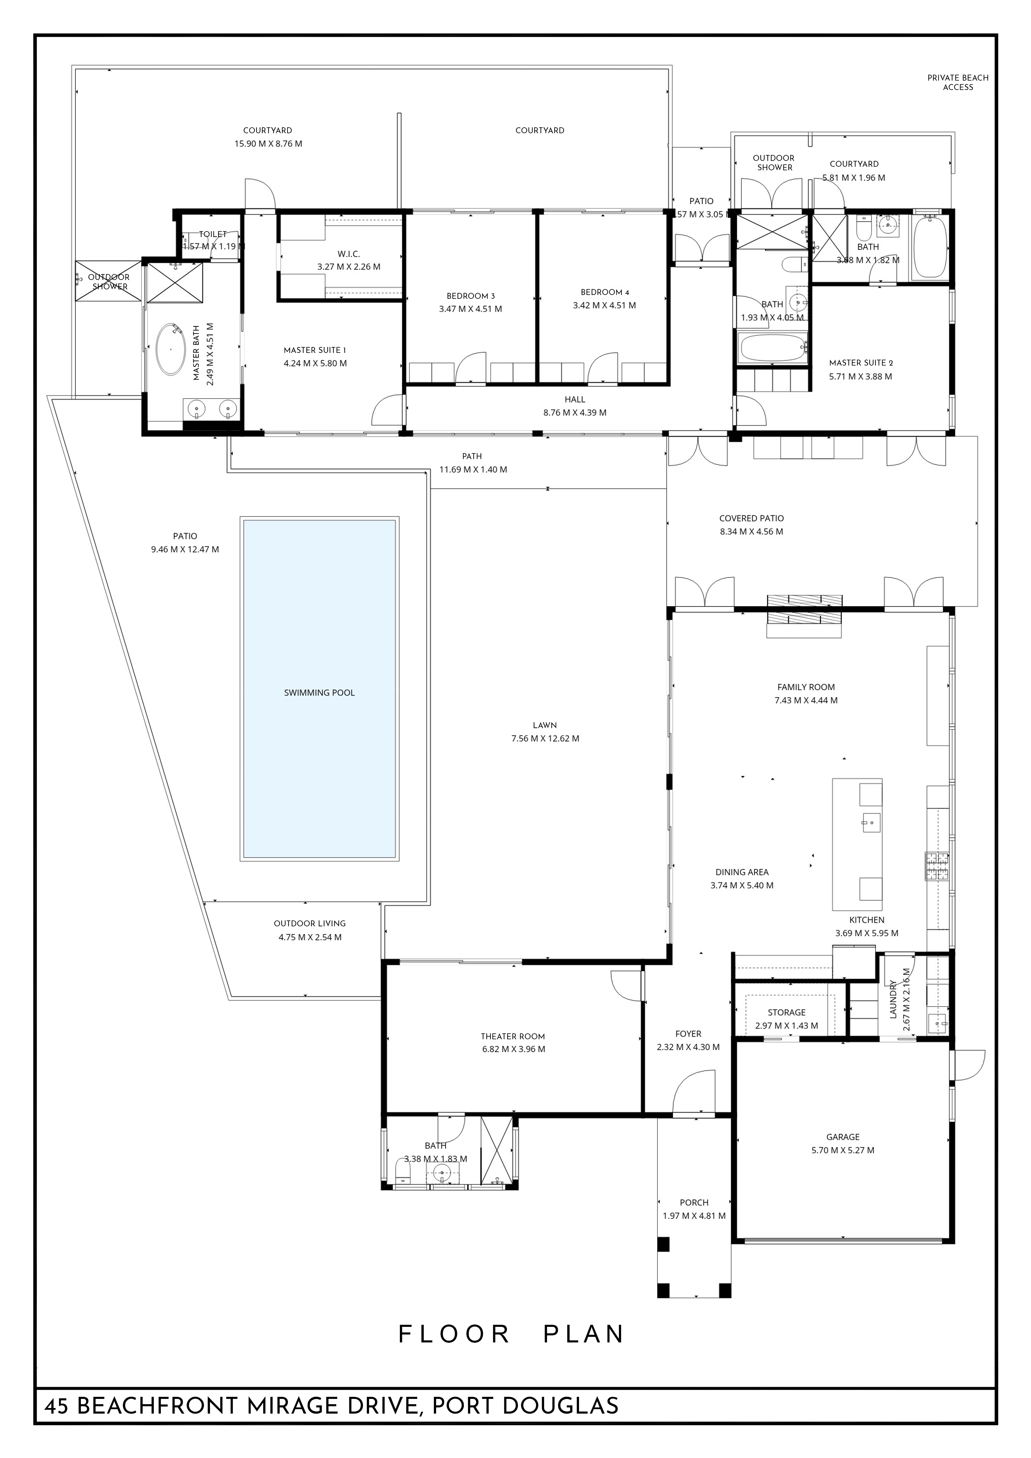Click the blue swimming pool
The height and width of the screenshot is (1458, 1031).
(319, 689)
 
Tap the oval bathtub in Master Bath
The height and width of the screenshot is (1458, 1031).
(171, 349)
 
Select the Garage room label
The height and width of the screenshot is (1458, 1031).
(843, 1137)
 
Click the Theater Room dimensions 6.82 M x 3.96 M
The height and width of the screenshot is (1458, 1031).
(513, 1049)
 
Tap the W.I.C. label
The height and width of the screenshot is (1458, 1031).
(348, 254)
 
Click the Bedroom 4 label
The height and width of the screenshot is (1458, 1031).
(604, 292)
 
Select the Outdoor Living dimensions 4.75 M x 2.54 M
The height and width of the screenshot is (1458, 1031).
(310, 937)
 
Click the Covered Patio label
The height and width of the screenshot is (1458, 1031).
(751, 518)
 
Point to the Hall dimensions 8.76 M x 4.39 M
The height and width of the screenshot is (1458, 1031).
(575, 413)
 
